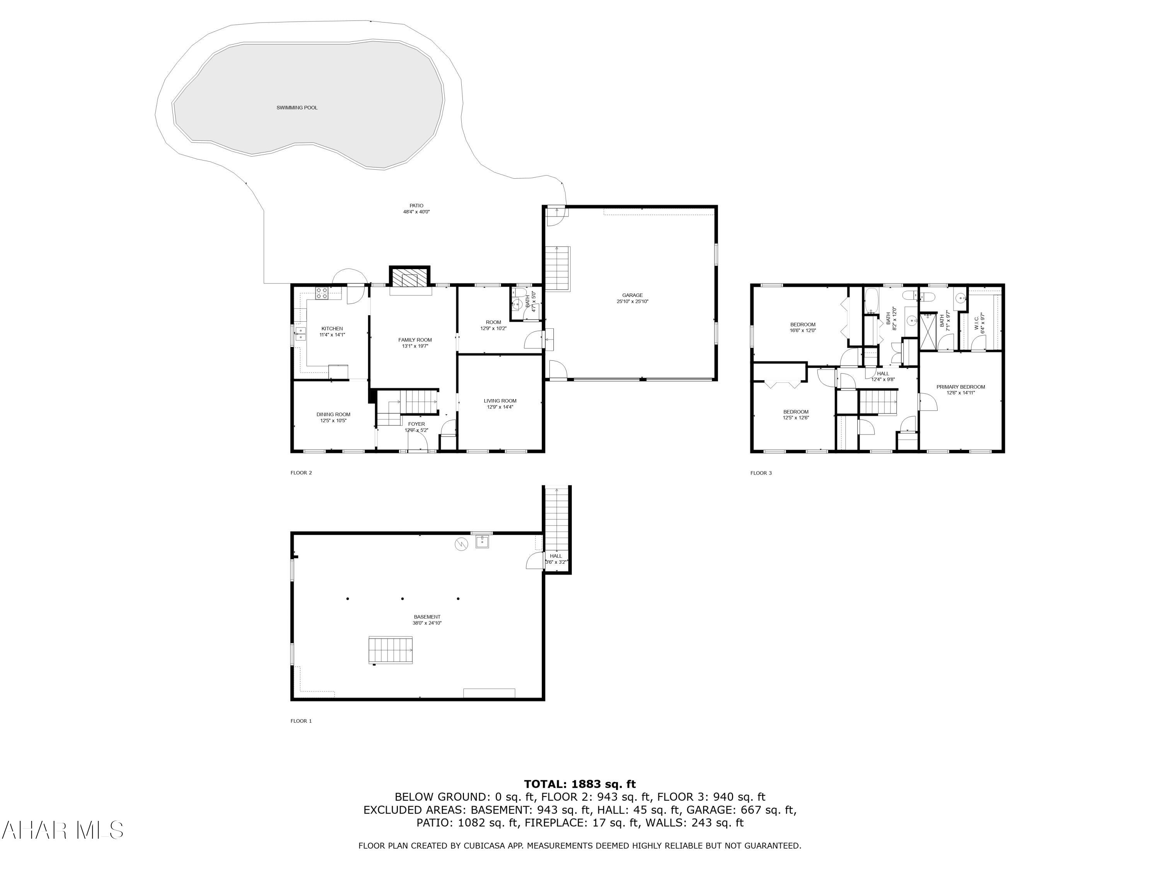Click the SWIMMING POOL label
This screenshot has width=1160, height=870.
coord(297,107)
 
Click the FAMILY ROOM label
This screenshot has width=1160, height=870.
coord(415,340)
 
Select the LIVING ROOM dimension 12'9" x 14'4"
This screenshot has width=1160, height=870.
coord(500,407)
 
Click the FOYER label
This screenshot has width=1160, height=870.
coord(416,424)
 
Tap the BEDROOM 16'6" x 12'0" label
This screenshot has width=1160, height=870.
coord(802,325)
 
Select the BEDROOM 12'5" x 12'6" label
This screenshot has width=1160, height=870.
coord(795,412)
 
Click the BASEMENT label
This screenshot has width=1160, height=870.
coord(427,617)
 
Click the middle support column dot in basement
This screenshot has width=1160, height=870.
coord(402,598)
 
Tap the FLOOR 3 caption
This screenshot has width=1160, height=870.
coord(761,473)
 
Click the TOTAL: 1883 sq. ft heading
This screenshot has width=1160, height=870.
coord(580,784)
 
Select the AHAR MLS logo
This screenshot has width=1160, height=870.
coord(62,830)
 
